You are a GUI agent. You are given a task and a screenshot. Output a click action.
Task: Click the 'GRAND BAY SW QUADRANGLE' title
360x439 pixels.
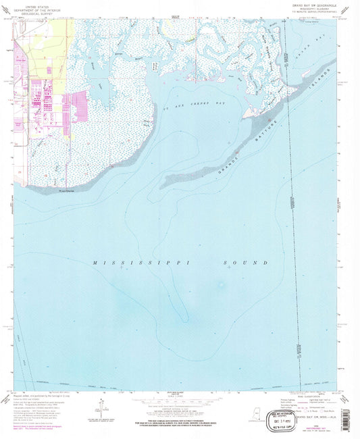point(311,5)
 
